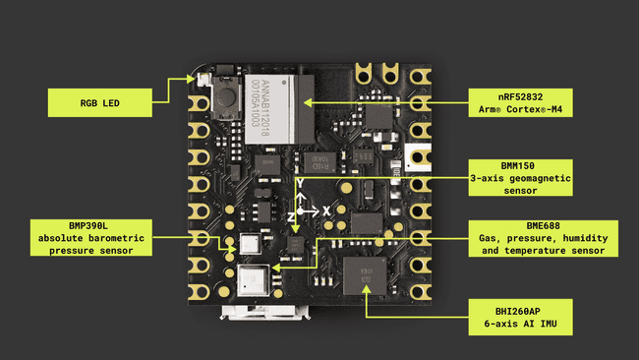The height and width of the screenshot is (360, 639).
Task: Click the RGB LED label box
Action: click(101, 100)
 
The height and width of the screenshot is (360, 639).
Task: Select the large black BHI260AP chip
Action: click(364, 274)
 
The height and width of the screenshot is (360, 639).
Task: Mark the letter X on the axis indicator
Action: click(326, 210)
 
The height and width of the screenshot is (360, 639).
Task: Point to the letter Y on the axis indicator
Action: click(300, 183)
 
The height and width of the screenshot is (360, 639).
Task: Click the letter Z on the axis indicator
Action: click(291, 213)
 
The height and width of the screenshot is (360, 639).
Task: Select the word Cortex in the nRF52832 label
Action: click(549, 107)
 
